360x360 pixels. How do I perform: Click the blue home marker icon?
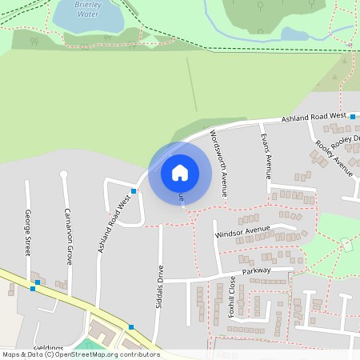point(180,171)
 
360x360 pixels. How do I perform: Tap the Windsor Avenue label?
point(243,232)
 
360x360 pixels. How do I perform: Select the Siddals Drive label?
point(160,282)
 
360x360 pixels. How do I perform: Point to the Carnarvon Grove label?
point(69,236)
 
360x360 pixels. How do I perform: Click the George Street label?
point(28,232)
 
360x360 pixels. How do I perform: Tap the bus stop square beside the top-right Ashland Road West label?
point(352,117)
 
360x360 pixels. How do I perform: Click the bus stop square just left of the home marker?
point(134,191)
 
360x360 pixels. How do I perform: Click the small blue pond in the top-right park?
point(294,34)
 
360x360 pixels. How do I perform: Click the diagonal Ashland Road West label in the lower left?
point(114,226)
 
